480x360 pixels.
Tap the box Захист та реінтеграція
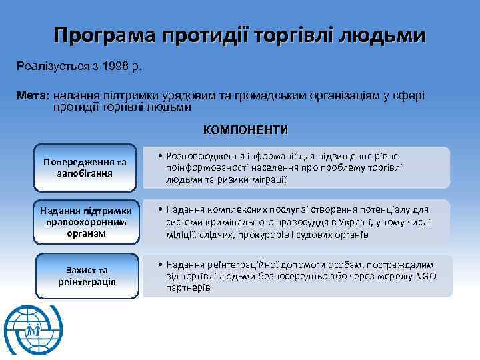click(x=87, y=275)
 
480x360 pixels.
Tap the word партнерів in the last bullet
click(x=188, y=288)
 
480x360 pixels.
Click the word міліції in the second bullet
click(x=183, y=234)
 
